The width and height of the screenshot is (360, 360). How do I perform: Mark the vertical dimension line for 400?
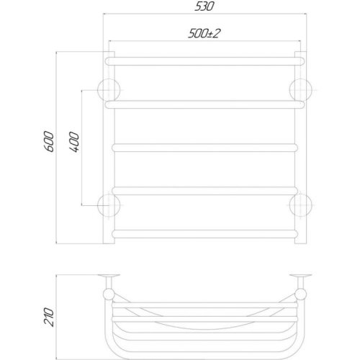tap(83, 147)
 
